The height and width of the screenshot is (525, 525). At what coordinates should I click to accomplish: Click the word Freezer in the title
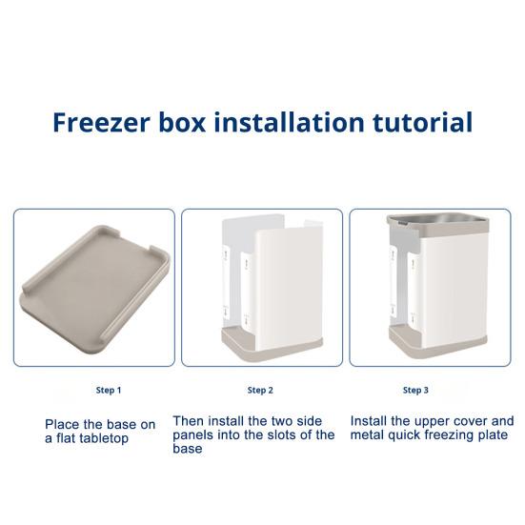[101, 122]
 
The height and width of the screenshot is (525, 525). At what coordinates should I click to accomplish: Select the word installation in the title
[289, 122]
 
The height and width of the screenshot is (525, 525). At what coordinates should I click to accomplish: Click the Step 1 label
[109, 390]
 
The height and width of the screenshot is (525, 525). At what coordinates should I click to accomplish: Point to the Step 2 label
[260, 390]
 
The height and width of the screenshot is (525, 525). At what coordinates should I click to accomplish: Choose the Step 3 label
[415, 390]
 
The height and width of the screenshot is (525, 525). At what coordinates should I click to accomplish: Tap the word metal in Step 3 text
[367, 434]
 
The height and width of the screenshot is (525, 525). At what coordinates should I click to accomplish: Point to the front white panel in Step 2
[289, 288]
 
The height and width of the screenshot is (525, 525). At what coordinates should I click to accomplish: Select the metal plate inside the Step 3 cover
[438, 219]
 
